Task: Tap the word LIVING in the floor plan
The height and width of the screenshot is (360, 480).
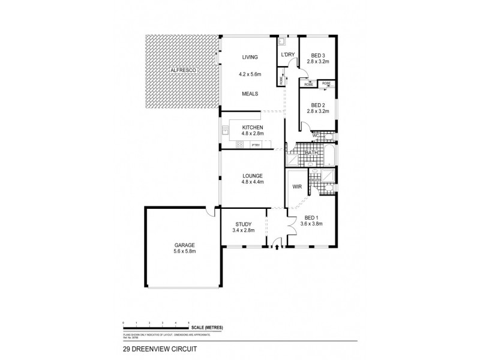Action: pos(250,57)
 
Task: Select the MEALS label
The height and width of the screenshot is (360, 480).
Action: pos(250,94)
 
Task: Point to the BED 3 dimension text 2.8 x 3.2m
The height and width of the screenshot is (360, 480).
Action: pos(318,61)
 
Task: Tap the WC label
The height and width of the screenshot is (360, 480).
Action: pos(316,136)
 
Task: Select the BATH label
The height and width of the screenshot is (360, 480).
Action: pos(311,153)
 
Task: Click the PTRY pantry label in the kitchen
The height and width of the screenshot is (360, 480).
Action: pos(256,145)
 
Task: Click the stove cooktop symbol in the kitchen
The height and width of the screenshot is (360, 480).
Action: pos(239,144)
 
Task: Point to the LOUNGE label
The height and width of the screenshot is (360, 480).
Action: pos(253,175)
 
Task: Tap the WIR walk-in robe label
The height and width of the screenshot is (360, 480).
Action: pos(296,187)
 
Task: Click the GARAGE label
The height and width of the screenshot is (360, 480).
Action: pos(184,245)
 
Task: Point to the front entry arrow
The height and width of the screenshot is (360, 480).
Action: pos(277,246)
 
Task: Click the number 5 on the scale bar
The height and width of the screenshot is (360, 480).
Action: pos(190,323)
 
